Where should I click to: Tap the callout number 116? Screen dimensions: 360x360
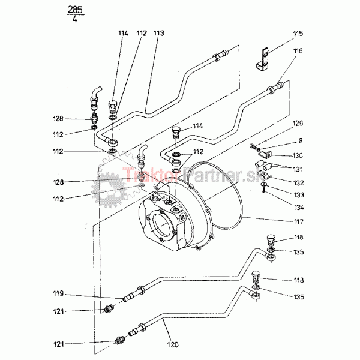298,52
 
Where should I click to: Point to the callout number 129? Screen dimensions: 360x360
298,124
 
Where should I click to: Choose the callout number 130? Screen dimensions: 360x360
298,155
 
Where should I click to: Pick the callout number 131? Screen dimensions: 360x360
298,169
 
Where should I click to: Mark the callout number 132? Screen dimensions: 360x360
298,182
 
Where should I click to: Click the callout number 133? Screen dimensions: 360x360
298,195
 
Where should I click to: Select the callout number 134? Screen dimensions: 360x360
298,208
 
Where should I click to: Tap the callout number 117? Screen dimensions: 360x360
298,221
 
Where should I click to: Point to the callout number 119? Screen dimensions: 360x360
58,294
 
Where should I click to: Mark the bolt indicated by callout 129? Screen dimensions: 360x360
255,146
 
